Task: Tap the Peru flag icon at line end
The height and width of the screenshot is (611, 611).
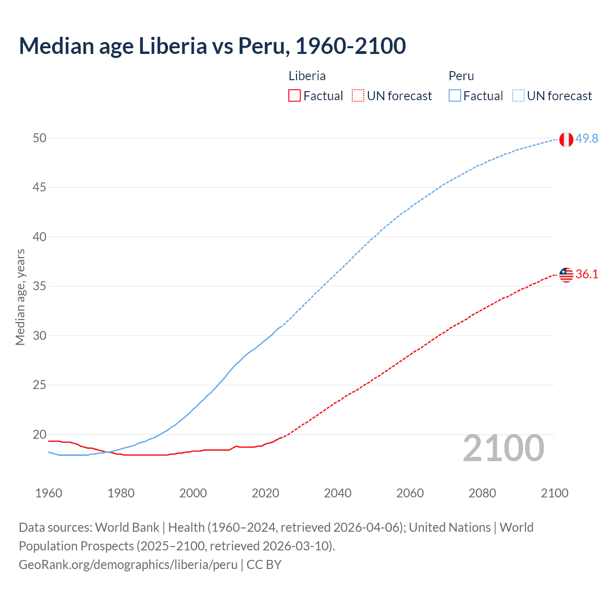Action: tap(566, 139)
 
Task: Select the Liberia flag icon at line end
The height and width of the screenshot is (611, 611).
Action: tap(566, 274)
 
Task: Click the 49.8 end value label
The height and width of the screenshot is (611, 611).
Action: tap(587, 138)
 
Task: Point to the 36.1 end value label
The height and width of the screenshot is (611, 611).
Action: tap(587, 274)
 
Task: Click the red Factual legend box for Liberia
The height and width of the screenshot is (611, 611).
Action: tap(295, 96)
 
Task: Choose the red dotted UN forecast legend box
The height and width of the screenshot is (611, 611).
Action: tap(358, 96)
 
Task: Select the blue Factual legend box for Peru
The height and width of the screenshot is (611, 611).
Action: tap(454, 96)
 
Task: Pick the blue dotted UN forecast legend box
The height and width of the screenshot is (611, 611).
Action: tap(518, 96)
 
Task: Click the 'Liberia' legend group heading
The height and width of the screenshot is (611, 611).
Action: tap(307, 76)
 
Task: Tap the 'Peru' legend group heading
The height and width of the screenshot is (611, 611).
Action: tap(461, 76)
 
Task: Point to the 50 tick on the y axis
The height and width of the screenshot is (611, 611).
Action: tap(40, 138)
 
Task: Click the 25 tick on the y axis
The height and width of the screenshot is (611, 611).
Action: tap(40, 385)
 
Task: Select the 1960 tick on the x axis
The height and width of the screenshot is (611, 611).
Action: tap(49, 493)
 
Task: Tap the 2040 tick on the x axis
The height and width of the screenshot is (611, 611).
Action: tap(337, 493)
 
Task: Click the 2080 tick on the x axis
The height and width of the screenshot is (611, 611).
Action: tap(482, 493)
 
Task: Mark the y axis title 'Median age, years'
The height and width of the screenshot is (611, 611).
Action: tap(20, 297)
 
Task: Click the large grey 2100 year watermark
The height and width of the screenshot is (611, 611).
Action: tap(503, 448)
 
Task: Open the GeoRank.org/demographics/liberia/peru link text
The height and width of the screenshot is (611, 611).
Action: tap(128, 565)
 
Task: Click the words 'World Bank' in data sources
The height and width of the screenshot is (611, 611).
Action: tap(127, 527)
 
